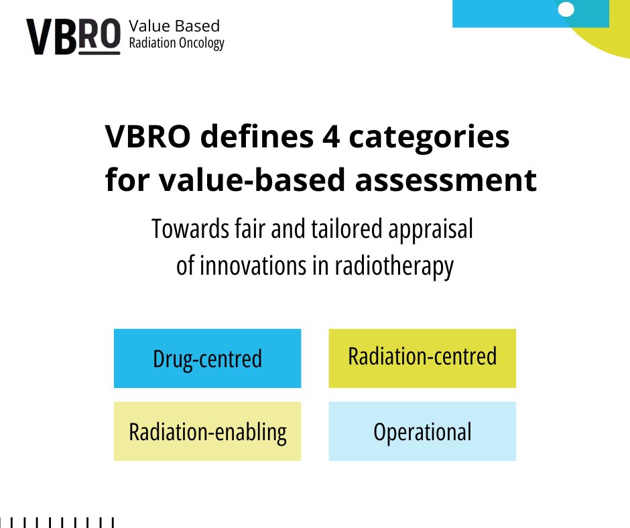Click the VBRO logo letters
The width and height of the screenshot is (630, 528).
[72, 36]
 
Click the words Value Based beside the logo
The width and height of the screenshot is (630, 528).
[174, 26]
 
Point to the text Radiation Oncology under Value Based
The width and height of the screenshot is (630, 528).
[176, 44]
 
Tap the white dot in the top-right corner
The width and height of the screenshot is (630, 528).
[566, 9]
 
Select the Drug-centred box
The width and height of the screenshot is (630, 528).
[207, 358]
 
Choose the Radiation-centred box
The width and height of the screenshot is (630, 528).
[422, 356]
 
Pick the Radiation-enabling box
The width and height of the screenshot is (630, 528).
[207, 432]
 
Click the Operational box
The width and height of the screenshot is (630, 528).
[422, 432]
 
